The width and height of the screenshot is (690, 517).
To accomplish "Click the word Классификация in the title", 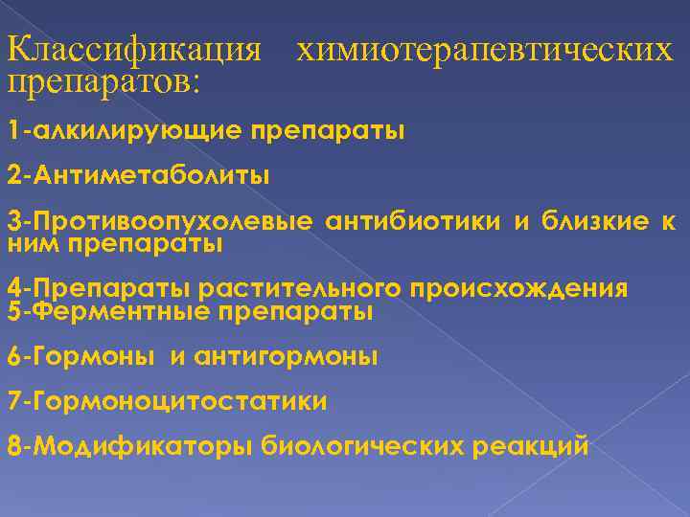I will (x=134, y=49).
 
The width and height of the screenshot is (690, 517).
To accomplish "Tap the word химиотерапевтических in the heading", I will (x=485, y=49).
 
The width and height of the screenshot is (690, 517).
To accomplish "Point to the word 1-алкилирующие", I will (x=125, y=129).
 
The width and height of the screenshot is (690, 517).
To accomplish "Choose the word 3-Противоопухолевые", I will (x=159, y=223).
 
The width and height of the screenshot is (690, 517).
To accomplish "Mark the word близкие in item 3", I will (x=586, y=223).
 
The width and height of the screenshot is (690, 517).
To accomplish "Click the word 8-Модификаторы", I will (x=130, y=446).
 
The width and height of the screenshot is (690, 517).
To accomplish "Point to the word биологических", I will (x=363, y=446).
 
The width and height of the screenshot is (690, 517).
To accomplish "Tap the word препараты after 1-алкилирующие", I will (x=329, y=129).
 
